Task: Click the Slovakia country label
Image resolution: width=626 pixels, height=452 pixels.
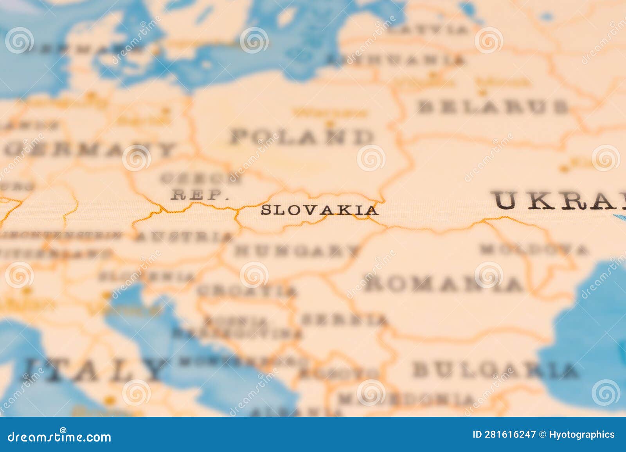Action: pyautogui.click(x=319, y=210)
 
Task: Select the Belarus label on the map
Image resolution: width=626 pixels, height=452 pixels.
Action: pyautogui.click(x=493, y=106)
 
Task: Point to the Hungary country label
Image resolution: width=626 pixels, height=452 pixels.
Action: pyautogui.click(x=296, y=250)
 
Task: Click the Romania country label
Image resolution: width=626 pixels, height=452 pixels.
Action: pyautogui.click(x=444, y=284)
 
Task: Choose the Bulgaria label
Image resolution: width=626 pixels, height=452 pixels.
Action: pyautogui.click(x=495, y=370)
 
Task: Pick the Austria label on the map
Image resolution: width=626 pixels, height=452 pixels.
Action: pyautogui.click(x=184, y=237)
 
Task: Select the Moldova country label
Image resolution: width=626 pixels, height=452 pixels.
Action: pyautogui.click(x=534, y=249)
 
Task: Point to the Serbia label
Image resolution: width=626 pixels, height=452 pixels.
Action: pyautogui.click(x=344, y=320)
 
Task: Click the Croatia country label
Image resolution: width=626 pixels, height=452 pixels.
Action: pyautogui.click(x=246, y=291)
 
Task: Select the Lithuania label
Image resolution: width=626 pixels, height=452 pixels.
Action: pyautogui.click(x=395, y=60)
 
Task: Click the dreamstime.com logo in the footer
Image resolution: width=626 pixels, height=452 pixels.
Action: pyautogui.click(x=59, y=436)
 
